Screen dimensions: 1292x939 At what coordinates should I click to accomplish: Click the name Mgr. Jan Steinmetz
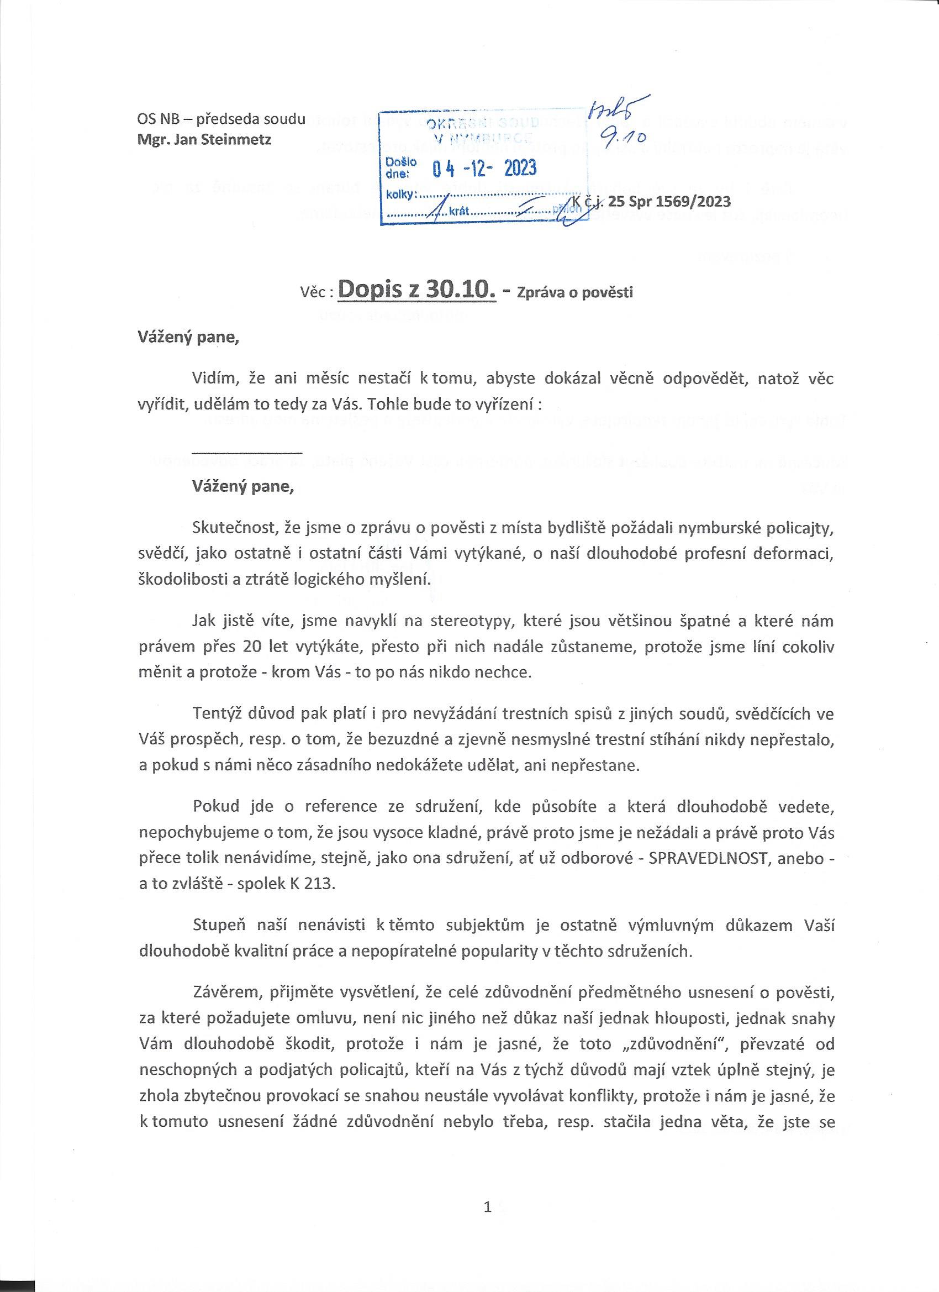click(x=204, y=140)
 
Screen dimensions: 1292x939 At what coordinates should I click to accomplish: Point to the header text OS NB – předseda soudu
click(x=221, y=119)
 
